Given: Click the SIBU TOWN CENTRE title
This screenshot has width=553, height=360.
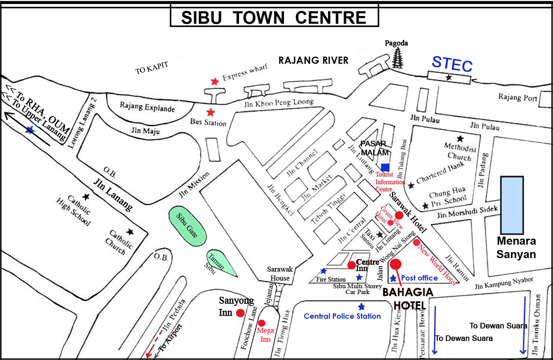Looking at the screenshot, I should [x=274, y=17].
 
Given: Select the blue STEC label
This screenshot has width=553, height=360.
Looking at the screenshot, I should [x=452, y=65].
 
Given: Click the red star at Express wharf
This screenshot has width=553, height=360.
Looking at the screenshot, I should [x=215, y=81].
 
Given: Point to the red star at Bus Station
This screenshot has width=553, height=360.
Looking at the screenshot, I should [x=209, y=112].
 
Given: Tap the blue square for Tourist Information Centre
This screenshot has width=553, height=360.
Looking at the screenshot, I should [x=385, y=167].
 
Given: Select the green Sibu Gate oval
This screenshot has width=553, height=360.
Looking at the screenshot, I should [x=187, y=227].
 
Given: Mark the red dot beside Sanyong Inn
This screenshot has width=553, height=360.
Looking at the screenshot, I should [x=240, y=313].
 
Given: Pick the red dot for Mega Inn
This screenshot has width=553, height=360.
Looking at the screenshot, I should [x=261, y=323].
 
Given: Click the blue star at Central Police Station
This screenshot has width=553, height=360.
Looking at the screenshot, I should [x=361, y=307].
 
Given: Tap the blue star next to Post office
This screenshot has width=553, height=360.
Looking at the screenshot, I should [x=393, y=278].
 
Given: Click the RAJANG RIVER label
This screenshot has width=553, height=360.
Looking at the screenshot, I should [x=313, y=61].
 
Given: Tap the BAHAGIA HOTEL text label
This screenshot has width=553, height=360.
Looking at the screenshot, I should [x=407, y=299].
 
